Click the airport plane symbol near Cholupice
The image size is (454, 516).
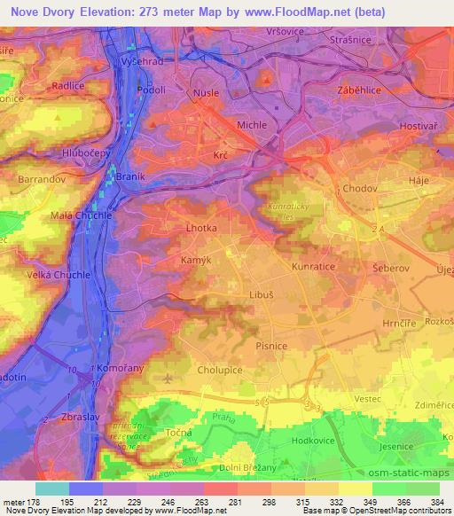(x=168, y=378)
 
